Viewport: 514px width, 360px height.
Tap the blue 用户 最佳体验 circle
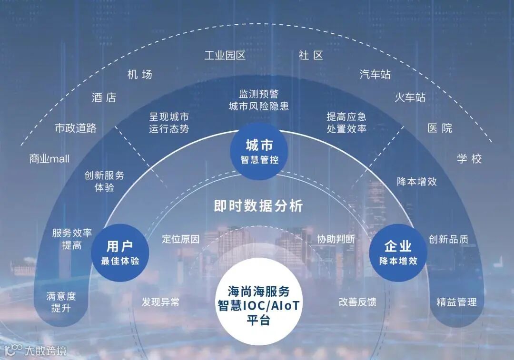pyautogui.click(x=120, y=253)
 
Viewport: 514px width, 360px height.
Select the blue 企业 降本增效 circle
pyautogui.click(x=398, y=253)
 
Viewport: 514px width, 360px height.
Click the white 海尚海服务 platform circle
pyautogui.click(x=258, y=305)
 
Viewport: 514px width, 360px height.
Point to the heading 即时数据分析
pyautogui.click(x=258, y=206)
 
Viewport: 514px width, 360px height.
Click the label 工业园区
pyautogui.click(x=225, y=56)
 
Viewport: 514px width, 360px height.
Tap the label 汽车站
pyautogui.click(x=375, y=74)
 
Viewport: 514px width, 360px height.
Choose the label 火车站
pyautogui.click(x=410, y=97)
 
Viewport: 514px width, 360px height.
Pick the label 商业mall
pyautogui.click(x=49, y=158)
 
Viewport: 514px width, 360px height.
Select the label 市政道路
pyautogui.click(x=76, y=128)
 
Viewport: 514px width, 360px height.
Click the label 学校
pyautogui.click(x=469, y=158)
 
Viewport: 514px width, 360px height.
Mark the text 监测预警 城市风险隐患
pyautogui.click(x=258, y=100)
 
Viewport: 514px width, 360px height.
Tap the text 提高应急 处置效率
pyautogui.click(x=346, y=122)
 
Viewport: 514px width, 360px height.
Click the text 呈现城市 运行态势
pyautogui.click(x=169, y=122)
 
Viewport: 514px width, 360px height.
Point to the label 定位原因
pyautogui.click(x=181, y=239)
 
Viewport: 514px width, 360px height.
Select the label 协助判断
pyautogui.click(x=336, y=239)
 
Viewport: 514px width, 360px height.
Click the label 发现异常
pyautogui.click(x=160, y=302)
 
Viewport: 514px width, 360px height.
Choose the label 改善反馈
pyautogui.click(x=357, y=302)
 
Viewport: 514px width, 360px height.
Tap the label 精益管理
pyautogui.click(x=456, y=302)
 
